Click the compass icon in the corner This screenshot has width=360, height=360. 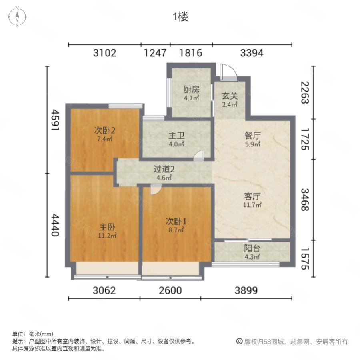tap(17, 17)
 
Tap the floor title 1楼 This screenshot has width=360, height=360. tap(180, 17)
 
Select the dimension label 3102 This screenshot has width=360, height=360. tap(105, 53)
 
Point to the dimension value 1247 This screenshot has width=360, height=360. tap(155, 53)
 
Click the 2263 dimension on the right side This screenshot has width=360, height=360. tap(305, 92)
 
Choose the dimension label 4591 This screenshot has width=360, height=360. tap(55, 120)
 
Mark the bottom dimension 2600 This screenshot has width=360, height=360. tap(170, 290)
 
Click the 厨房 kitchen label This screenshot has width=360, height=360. tap(191, 90)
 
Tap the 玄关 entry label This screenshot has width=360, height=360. tap(229, 96)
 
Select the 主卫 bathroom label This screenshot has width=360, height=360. tap(176, 136)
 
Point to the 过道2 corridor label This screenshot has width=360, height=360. tap(164, 169)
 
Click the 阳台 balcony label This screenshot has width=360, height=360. tap(252, 248)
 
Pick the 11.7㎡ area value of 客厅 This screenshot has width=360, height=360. tap(252, 204)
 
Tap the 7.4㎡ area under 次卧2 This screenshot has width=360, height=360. tap(104, 139)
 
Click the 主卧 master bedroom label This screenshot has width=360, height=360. tap(107, 227)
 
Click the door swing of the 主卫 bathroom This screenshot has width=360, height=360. tap(198, 156)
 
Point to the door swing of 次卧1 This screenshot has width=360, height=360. tap(156, 189)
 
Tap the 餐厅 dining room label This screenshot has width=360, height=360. tap(252, 136)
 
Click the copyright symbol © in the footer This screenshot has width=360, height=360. tap(239, 341)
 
